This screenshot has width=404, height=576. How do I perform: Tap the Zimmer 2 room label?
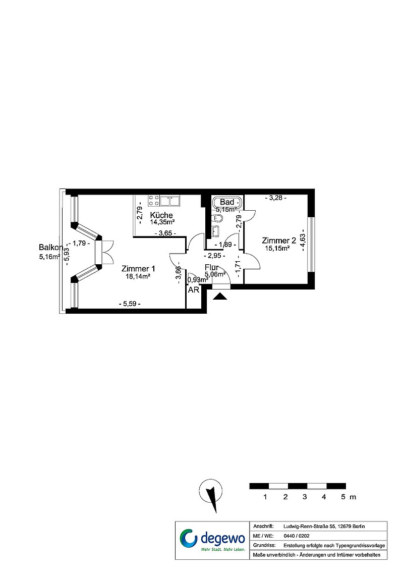278,241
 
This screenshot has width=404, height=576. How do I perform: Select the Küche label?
161,215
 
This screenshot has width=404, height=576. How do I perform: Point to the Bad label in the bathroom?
227,202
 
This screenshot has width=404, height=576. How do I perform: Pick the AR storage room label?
194,290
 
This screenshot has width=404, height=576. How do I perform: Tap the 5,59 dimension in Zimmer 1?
130,304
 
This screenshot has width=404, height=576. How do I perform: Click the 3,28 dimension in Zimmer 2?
276,198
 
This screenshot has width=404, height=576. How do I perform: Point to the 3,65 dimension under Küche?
165,233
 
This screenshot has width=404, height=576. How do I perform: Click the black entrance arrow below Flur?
220,296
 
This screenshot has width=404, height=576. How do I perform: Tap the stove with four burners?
154,201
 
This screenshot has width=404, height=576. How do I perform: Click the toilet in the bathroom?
217,219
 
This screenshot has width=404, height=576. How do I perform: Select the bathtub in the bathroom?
226,202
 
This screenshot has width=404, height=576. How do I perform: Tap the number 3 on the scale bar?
305,497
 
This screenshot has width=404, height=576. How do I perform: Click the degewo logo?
212,540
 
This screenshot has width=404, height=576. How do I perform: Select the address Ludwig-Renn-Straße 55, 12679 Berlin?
324,526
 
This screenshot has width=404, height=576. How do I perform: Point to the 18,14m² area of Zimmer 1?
138,276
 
